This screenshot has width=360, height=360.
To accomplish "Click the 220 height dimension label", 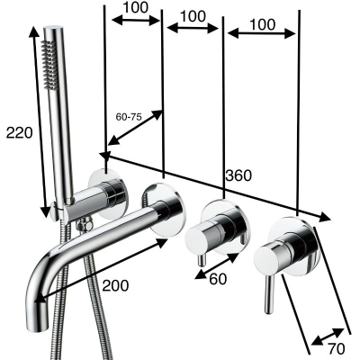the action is [19, 132].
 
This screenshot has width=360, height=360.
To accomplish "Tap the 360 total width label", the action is [238, 175].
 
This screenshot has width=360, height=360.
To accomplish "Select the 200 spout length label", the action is [115, 285].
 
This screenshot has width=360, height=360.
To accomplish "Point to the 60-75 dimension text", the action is [129, 117].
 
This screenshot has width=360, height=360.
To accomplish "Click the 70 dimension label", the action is [336, 348].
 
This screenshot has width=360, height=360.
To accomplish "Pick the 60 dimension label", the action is [218, 279].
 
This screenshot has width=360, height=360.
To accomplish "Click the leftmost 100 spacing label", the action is [136, 7].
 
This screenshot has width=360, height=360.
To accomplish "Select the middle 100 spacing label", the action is [193, 16].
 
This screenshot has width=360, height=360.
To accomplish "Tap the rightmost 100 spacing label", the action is [262, 24].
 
